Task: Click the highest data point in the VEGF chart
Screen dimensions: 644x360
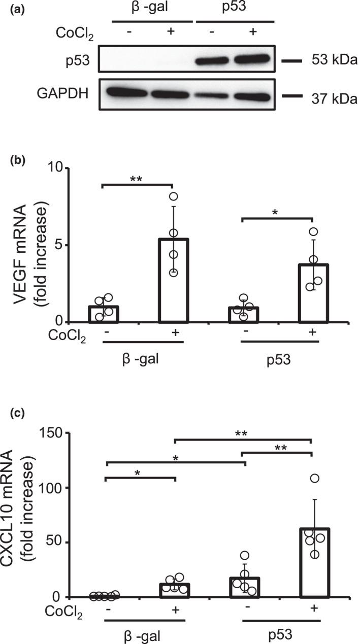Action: (x=174, y=196)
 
